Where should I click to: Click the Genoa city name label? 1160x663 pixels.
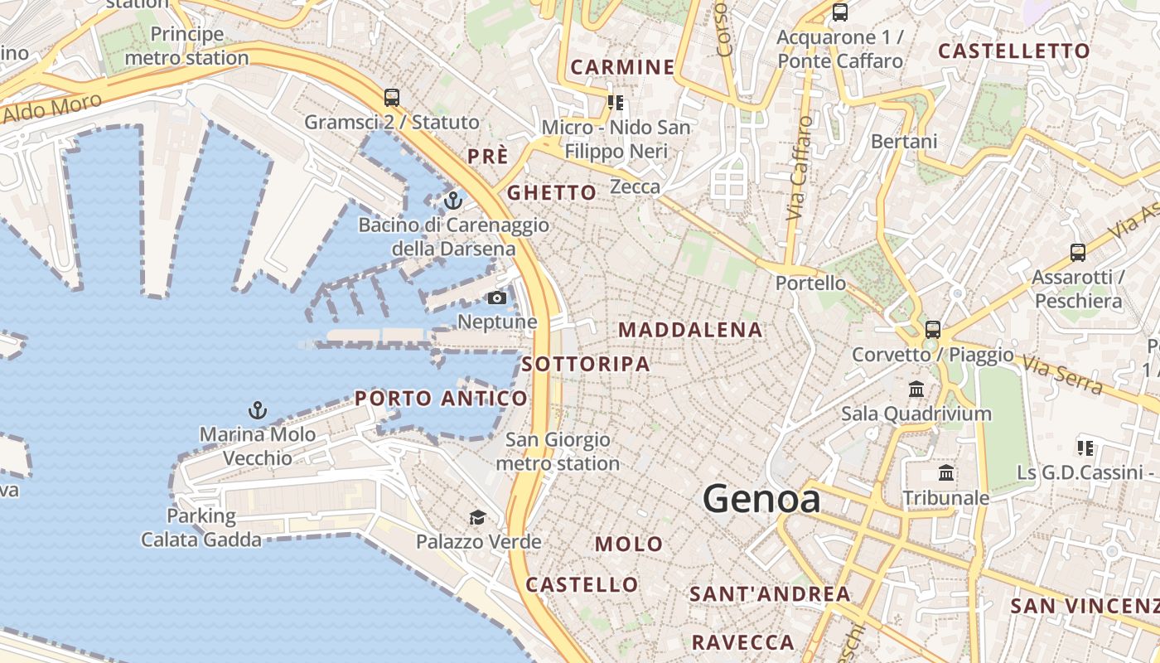pos(761,499)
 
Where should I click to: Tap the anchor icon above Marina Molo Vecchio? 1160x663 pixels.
pos(258,409)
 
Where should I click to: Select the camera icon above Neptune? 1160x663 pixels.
pos(497,298)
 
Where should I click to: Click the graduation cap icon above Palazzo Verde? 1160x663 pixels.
pos(477,518)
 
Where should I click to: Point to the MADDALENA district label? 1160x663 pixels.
pos(690,330)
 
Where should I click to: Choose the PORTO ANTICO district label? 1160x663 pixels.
pos(441,399)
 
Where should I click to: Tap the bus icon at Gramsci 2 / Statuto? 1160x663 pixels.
pos(392,98)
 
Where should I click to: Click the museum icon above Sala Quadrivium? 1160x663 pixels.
pos(916,389)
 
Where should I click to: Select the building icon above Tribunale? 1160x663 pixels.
pos(945,473)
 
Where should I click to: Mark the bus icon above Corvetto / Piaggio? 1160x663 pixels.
pos(933,329)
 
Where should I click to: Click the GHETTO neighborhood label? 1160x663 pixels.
pos(552,193)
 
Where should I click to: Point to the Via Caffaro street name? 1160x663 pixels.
pos(799,168)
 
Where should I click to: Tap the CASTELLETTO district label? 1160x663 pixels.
pos(1014,51)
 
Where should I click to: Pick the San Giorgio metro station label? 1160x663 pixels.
pos(558,452)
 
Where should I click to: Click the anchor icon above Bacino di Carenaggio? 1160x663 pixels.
pos(452,200)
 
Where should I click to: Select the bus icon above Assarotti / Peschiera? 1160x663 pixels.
pos(1078,252)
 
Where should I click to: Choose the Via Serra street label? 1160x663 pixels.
pos(1062,375)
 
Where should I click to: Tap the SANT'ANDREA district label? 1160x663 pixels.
pos(770,594)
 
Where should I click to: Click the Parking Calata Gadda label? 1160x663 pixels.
pos(201,528)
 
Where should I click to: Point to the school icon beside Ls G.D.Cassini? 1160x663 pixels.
pos(1085,448)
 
